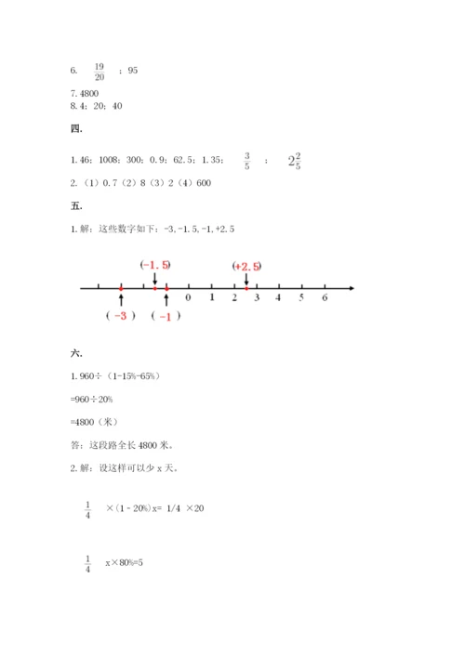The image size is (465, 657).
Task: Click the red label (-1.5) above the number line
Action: pyautogui.click(x=155, y=266)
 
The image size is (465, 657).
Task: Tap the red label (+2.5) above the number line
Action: pyautogui.click(x=247, y=267)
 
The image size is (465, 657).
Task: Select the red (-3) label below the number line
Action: pyautogui.click(x=121, y=316)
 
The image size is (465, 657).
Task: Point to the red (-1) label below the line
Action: pyautogui.click(x=166, y=316)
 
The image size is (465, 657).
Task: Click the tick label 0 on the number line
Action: pyautogui.click(x=189, y=298)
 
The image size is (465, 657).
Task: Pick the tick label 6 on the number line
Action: pyautogui.click(x=325, y=298)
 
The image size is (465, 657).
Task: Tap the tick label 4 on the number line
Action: pyautogui.click(x=279, y=298)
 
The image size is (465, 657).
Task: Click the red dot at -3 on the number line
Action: pyautogui.click(x=121, y=289)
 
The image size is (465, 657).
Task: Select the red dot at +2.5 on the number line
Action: pyautogui.click(x=246, y=289)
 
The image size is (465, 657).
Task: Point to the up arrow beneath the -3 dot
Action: pyautogui.click(x=121, y=300)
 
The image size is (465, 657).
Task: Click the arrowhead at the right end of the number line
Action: pyautogui.click(x=351, y=289)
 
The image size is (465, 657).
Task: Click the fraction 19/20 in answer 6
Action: pyautogui.click(x=99, y=72)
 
